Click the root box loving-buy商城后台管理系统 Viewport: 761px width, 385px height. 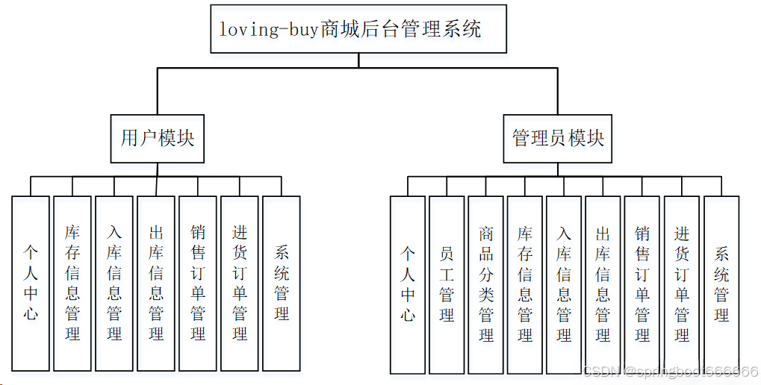[x=358, y=29]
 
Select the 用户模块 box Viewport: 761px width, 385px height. [x=157, y=139]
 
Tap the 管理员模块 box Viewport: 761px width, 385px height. [x=557, y=139]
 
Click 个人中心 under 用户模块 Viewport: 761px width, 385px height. [x=31, y=284]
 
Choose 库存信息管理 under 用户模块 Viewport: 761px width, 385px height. [x=72, y=284]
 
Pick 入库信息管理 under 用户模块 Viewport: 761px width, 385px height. [x=114, y=284]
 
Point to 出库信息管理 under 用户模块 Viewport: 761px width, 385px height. [x=156, y=284]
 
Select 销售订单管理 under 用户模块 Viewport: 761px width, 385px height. [x=198, y=284]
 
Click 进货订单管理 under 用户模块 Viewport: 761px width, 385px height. [x=240, y=284]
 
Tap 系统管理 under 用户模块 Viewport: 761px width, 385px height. [x=282, y=284]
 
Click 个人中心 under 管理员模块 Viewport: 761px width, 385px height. [x=408, y=284]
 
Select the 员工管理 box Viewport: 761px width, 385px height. [x=447, y=284]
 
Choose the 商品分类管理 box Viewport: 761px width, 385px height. [x=486, y=284]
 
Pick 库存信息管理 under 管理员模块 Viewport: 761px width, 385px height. [x=525, y=284]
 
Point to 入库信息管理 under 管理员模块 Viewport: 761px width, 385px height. [x=564, y=284]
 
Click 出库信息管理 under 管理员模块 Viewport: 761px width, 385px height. [x=603, y=284]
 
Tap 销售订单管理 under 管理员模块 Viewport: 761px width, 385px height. [x=642, y=284]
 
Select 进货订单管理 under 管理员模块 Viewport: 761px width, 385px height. [x=682, y=284]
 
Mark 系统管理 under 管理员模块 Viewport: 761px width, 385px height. [x=721, y=284]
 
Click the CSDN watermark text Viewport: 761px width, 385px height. [x=670, y=372]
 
